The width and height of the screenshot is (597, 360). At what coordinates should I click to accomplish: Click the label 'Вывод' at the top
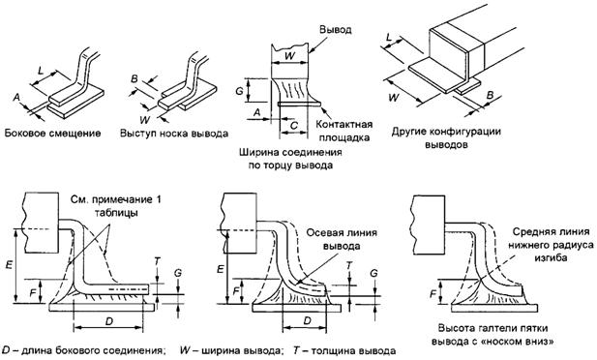(336, 30)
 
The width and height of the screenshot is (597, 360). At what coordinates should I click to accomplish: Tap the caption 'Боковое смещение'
(52, 133)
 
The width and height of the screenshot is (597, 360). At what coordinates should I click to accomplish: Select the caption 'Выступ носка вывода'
(174, 134)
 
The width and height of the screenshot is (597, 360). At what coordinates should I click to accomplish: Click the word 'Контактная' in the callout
(344, 125)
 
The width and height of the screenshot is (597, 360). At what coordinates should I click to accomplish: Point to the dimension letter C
(293, 125)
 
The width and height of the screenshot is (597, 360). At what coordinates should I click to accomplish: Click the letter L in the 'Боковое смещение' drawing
(42, 70)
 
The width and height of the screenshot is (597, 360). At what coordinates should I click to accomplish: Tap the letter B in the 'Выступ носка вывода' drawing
(134, 78)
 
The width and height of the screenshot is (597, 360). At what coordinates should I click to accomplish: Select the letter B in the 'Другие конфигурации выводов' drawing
(490, 95)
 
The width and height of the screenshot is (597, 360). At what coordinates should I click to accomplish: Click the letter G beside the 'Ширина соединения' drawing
(239, 91)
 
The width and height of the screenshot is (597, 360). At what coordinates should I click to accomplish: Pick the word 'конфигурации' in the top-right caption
(464, 132)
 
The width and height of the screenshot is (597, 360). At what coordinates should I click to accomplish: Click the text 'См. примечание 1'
(115, 199)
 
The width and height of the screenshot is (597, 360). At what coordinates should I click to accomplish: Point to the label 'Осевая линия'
(342, 233)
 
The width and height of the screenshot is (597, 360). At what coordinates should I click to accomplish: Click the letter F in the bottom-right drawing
(433, 294)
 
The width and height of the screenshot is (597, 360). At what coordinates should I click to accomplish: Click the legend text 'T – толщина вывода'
(344, 350)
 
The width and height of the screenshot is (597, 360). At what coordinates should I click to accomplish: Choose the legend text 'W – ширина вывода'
(230, 350)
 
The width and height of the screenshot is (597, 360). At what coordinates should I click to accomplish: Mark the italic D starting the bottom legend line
(6, 350)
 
